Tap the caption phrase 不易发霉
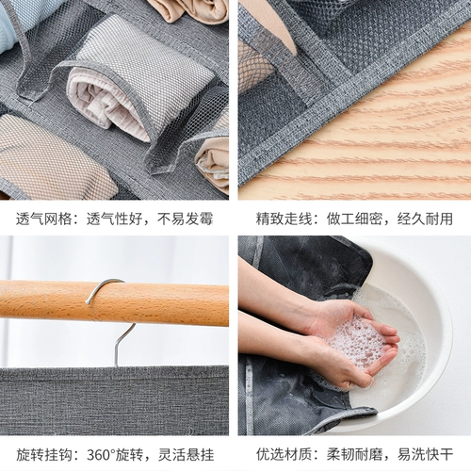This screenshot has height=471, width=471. pos(185,219)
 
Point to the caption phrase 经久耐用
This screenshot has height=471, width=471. pos(425,219)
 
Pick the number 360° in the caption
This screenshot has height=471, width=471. pos(101,454)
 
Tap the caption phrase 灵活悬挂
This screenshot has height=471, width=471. pos(186,454)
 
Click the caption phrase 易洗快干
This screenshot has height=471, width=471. pos(425,454)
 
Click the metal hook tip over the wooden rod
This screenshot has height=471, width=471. pos(88,302)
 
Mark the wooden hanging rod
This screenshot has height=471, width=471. pos(114,302)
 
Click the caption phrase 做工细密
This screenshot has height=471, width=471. pos(354,219)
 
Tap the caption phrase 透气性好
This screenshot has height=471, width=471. pos(115,219)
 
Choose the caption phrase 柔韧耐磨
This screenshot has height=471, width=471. pos(354,454)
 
